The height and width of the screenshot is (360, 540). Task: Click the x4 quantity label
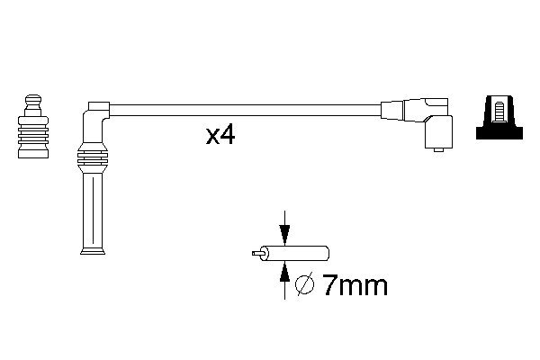[221, 136]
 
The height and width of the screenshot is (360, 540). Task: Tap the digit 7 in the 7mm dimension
[328, 287]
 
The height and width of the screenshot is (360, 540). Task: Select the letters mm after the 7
[364, 288]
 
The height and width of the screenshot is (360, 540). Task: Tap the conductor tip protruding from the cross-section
[257, 255]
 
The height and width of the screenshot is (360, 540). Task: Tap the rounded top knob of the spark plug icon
[34, 97]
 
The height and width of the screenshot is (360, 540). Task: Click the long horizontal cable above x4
[243, 109]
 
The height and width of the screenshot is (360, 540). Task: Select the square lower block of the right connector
[438, 133]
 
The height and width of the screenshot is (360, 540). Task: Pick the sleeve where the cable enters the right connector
[392, 109]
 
